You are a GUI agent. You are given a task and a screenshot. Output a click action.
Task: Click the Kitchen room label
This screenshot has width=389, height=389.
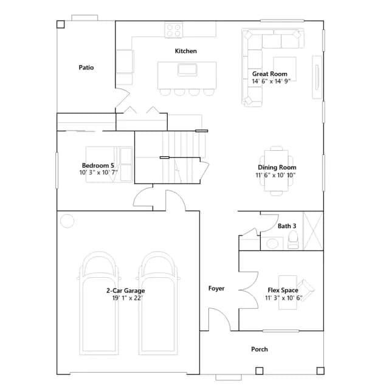[x=186, y=51]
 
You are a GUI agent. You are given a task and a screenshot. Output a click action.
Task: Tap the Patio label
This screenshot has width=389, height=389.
[x=86, y=67]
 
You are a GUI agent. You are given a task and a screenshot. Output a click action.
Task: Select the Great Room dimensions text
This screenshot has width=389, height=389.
[x=271, y=81]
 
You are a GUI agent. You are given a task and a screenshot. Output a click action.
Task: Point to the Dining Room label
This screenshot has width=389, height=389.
[x=277, y=168]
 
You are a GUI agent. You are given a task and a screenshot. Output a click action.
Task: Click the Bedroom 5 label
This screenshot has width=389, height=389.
[x=98, y=165]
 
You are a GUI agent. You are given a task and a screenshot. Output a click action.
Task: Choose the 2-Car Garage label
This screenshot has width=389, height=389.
[x=126, y=291]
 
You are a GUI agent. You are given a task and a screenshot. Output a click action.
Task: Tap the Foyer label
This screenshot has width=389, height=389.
[x=216, y=288]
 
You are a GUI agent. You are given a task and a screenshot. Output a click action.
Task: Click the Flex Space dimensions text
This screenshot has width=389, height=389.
[x=284, y=298]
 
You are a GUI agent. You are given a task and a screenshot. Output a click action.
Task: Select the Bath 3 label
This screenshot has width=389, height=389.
[x=287, y=226]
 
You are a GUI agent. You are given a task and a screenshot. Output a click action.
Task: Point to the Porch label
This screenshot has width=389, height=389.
[x=260, y=349]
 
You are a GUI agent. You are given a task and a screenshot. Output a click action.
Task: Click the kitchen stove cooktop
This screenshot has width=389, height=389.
[x=174, y=30]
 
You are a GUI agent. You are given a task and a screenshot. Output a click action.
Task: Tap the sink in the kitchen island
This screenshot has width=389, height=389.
[x=187, y=70]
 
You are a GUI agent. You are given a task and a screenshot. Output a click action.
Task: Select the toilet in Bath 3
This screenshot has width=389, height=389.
[x=293, y=240]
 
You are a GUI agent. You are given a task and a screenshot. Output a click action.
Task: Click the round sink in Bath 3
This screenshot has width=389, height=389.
[x=272, y=243]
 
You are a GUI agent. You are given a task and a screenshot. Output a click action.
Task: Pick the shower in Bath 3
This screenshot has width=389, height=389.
[x=314, y=231]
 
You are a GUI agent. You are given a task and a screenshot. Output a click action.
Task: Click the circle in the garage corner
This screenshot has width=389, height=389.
[x=67, y=221]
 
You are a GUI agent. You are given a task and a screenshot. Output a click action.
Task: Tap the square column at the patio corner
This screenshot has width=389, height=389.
[x=61, y=24]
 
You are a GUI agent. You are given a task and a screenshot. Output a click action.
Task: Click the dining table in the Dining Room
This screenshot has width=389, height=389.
[x=277, y=171]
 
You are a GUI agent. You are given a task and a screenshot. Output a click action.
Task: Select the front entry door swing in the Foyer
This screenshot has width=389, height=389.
[x=219, y=319]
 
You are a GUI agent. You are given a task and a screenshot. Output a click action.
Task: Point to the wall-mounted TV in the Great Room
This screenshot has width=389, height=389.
[x=317, y=77]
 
